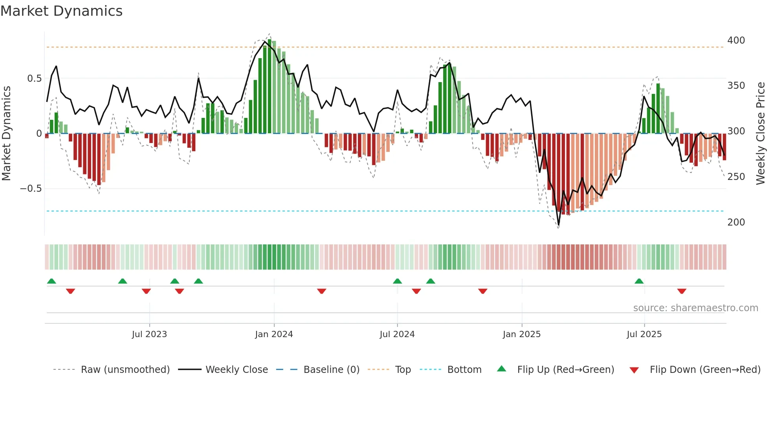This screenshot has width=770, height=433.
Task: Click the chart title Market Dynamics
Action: pyautogui.click(x=62, y=11)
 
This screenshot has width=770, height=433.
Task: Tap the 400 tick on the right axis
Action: pyautogui.click(x=736, y=40)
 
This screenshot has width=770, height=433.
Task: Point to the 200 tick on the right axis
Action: pyautogui.click(x=736, y=222)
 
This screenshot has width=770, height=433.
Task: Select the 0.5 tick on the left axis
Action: pyautogui.click(x=34, y=79)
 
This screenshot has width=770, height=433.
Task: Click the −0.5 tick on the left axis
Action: pyautogui.click(x=31, y=189)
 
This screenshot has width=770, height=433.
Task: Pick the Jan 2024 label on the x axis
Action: pyautogui.click(x=274, y=334)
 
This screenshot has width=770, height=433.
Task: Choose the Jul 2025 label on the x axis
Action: pyautogui.click(x=644, y=334)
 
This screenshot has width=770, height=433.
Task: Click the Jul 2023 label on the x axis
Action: pyautogui.click(x=149, y=334)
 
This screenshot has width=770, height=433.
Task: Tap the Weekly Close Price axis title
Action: pyautogui.click(x=761, y=134)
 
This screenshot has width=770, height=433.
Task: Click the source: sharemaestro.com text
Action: pyautogui.click(x=695, y=308)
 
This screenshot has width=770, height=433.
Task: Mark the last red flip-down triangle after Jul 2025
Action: pyautogui.click(x=682, y=291)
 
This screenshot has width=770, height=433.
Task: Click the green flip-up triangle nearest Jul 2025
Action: pyautogui.click(x=639, y=281)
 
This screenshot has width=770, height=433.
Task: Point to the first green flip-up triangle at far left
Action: pyautogui.click(x=51, y=281)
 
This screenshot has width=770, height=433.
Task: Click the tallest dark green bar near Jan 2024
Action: pyautogui.click(x=269, y=86)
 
